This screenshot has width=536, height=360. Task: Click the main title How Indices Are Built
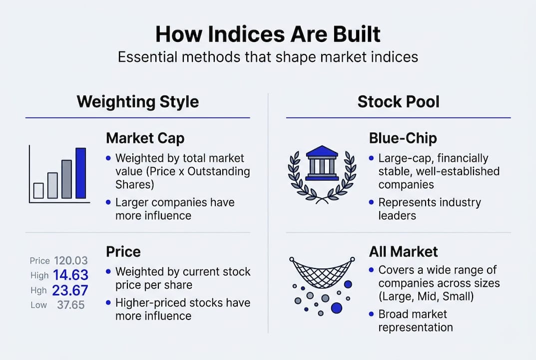[268, 34]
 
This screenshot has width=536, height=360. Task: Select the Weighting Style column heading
[137, 101]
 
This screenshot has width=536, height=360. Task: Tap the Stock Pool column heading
[398, 101]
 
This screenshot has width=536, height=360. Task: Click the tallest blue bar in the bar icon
[80, 173]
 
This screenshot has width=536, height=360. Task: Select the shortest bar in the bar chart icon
[38, 190]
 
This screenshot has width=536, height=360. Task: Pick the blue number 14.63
[70, 275]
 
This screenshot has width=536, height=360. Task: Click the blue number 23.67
[70, 290]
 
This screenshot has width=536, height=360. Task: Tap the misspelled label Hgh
[38, 290]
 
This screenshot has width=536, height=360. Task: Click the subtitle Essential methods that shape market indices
[268, 56]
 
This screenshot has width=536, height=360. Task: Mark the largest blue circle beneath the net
[337, 307]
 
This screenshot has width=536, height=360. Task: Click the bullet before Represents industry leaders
[371, 202]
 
